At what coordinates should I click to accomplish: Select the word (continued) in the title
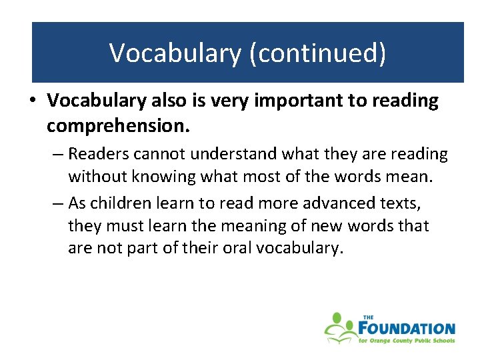click(317, 53)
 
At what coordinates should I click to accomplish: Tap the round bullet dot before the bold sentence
click(33, 101)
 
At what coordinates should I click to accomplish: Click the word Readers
click(99, 154)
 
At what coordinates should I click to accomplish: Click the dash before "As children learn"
click(57, 202)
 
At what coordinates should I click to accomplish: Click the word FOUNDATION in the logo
click(407, 328)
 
